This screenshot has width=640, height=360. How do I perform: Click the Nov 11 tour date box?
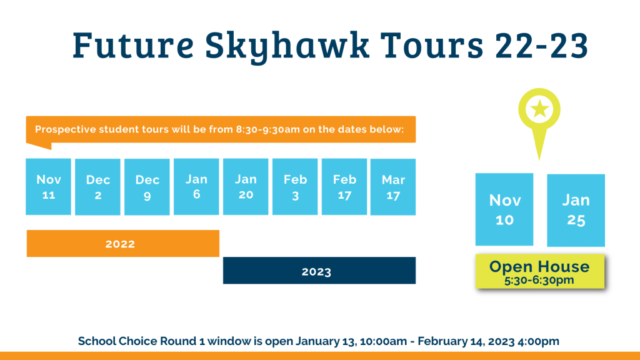point(48,186)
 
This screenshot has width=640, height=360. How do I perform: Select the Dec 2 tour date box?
point(97,187)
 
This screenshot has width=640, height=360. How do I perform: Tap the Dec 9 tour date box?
point(147,187)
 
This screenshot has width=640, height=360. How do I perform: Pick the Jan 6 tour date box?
point(196,186)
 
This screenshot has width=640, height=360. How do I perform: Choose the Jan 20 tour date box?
point(246,186)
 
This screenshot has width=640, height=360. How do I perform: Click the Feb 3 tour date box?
point(295,186)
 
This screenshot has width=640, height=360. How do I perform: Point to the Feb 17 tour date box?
point(344,186)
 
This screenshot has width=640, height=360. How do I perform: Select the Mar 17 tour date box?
point(393,187)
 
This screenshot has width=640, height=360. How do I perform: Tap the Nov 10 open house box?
point(504,209)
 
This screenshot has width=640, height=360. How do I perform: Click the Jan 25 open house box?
point(576,210)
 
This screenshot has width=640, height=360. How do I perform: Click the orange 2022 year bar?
point(123,243)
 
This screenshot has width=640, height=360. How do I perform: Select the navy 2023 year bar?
point(319,270)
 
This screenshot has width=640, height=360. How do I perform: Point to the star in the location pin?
point(539,109)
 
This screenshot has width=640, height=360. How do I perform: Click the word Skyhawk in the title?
point(287,46)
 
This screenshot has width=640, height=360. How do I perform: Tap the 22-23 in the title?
point(542,45)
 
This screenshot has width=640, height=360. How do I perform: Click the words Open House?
point(539,266)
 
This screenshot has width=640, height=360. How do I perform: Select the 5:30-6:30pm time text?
point(539,280)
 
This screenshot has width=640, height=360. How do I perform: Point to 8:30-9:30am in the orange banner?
point(267,129)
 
